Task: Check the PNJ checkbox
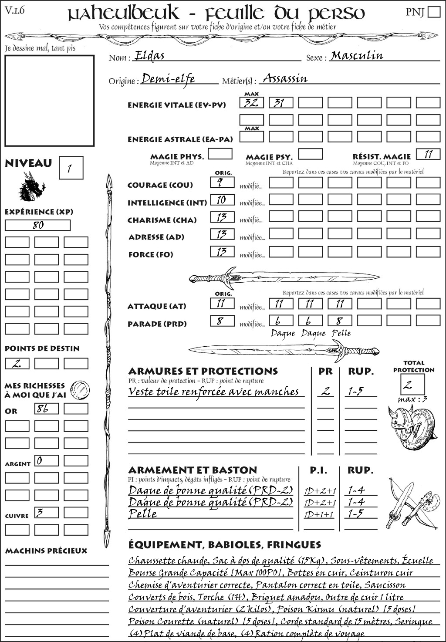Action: (x=434, y=12)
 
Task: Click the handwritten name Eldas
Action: (x=149, y=56)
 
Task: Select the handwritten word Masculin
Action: (x=357, y=56)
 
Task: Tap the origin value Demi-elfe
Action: (x=168, y=79)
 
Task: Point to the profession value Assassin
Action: (x=285, y=79)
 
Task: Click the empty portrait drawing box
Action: (x=49, y=101)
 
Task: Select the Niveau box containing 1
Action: (x=71, y=168)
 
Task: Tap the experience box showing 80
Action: (x=37, y=225)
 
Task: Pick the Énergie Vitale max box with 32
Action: (x=251, y=103)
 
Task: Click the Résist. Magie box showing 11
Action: (x=428, y=154)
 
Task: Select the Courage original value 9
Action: (x=222, y=182)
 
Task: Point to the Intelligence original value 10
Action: (x=222, y=200)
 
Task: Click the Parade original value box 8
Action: (x=222, y=321)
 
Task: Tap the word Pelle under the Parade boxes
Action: (x=341, y=333)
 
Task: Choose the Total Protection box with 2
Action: (x=412, y=385)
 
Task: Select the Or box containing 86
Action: (x=46, y=409)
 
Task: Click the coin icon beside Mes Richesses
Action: (x=80, y=389)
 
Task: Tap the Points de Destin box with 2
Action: (x=17, y=363)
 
